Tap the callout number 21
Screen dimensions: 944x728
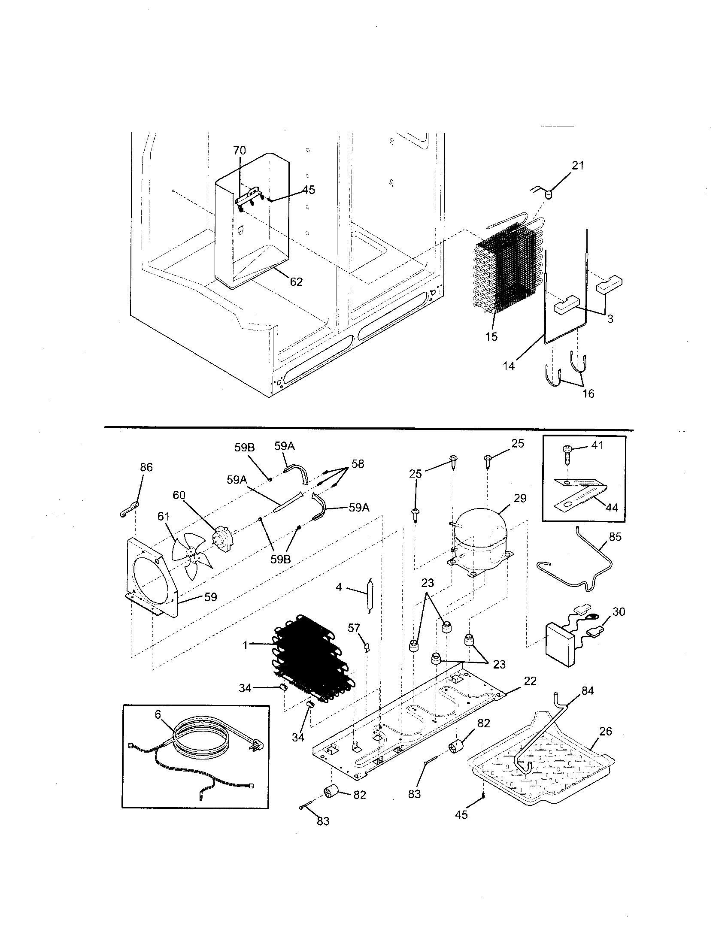(578, 166)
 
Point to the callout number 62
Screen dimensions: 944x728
(296, 282)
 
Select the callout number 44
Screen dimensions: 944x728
(612, 508)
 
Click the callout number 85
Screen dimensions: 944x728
(615, 537)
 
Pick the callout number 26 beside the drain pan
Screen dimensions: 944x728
(606, 731)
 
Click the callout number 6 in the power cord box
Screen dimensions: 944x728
(158, 715)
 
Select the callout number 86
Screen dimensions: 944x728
(146, 467)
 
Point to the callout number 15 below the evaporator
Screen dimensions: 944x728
(491, 336)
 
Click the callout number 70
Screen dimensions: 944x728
(240, 151)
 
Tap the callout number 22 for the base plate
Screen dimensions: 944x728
(530, 681)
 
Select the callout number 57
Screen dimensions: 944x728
(354, 628)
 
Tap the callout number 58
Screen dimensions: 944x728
(358, 464)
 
